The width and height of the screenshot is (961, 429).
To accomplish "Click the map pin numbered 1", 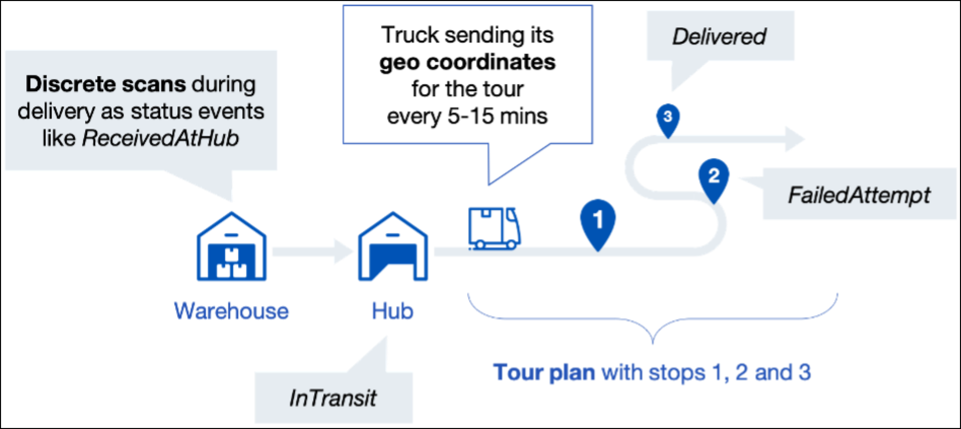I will (x=598, y=221).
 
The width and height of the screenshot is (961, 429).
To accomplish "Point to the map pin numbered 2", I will (x=714, y=177).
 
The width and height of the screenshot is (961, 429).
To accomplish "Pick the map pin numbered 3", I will (x=668, y=117).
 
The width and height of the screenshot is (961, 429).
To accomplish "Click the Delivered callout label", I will (x=719, y=37).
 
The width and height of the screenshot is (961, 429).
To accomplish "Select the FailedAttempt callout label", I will (x=859, y=195).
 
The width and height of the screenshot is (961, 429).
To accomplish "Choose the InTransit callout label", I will (x=333, y=398).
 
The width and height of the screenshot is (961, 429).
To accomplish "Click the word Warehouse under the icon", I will (x=232, y=311).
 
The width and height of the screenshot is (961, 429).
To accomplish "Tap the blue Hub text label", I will (x=393, y=311).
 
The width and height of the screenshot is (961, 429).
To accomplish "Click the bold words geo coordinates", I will (x=467, y=62).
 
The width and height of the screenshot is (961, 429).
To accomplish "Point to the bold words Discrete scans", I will (x=105, y=84).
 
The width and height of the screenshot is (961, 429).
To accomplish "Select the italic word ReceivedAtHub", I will (x=160, y=138).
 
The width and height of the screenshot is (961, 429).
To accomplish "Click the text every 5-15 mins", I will (x=467, y=116).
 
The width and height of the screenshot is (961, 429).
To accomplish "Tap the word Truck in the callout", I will (x=410, y=35).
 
